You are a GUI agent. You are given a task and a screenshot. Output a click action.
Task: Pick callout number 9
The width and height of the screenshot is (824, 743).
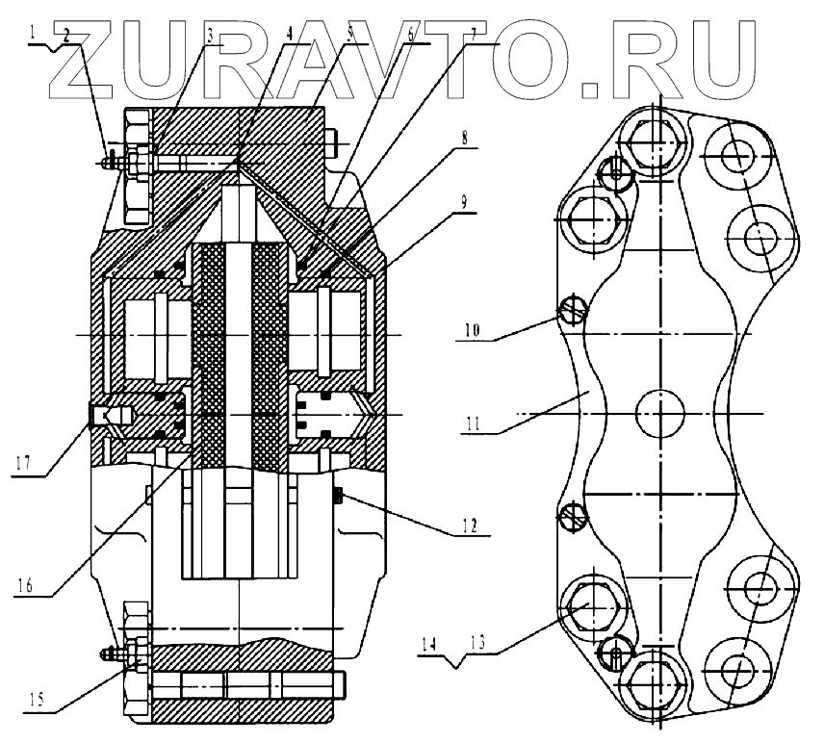pos(465,203)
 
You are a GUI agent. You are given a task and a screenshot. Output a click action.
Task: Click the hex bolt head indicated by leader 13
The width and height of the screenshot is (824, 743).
pos(589,608)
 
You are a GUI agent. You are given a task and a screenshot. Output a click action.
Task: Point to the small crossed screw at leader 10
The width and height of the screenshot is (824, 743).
pos(570,309)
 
